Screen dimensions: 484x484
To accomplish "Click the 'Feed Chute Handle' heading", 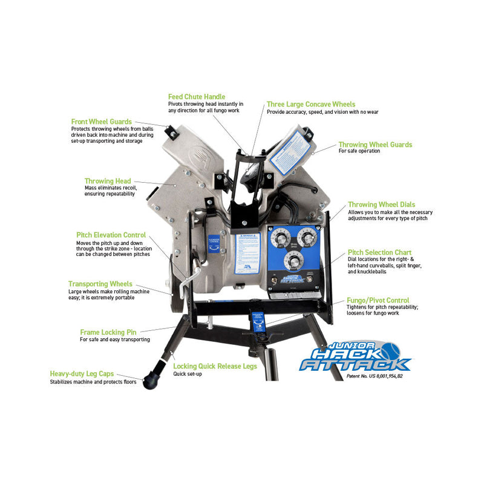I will click(197, 97).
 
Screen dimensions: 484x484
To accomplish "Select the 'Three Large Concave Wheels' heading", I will click(311, 105).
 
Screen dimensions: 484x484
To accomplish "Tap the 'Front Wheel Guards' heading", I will click(101, 122).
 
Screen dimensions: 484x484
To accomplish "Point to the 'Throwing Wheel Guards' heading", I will click(375, 145).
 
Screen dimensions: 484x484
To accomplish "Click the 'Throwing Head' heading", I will click(107, 181).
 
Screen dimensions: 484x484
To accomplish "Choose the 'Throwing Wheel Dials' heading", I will click(381, 205).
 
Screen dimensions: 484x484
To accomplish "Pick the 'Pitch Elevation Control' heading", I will click(111, 235).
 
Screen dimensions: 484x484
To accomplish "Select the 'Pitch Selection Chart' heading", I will click(379, 252).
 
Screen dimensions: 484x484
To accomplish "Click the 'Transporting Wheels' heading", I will click(100, 284).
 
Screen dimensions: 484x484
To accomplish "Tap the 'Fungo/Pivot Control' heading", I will click(378, 300).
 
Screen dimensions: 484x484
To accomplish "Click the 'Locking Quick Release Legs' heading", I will click(215, 366).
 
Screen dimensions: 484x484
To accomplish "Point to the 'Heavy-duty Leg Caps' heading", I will click(82, 374).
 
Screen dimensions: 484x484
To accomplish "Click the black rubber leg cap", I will click(149, 381).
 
